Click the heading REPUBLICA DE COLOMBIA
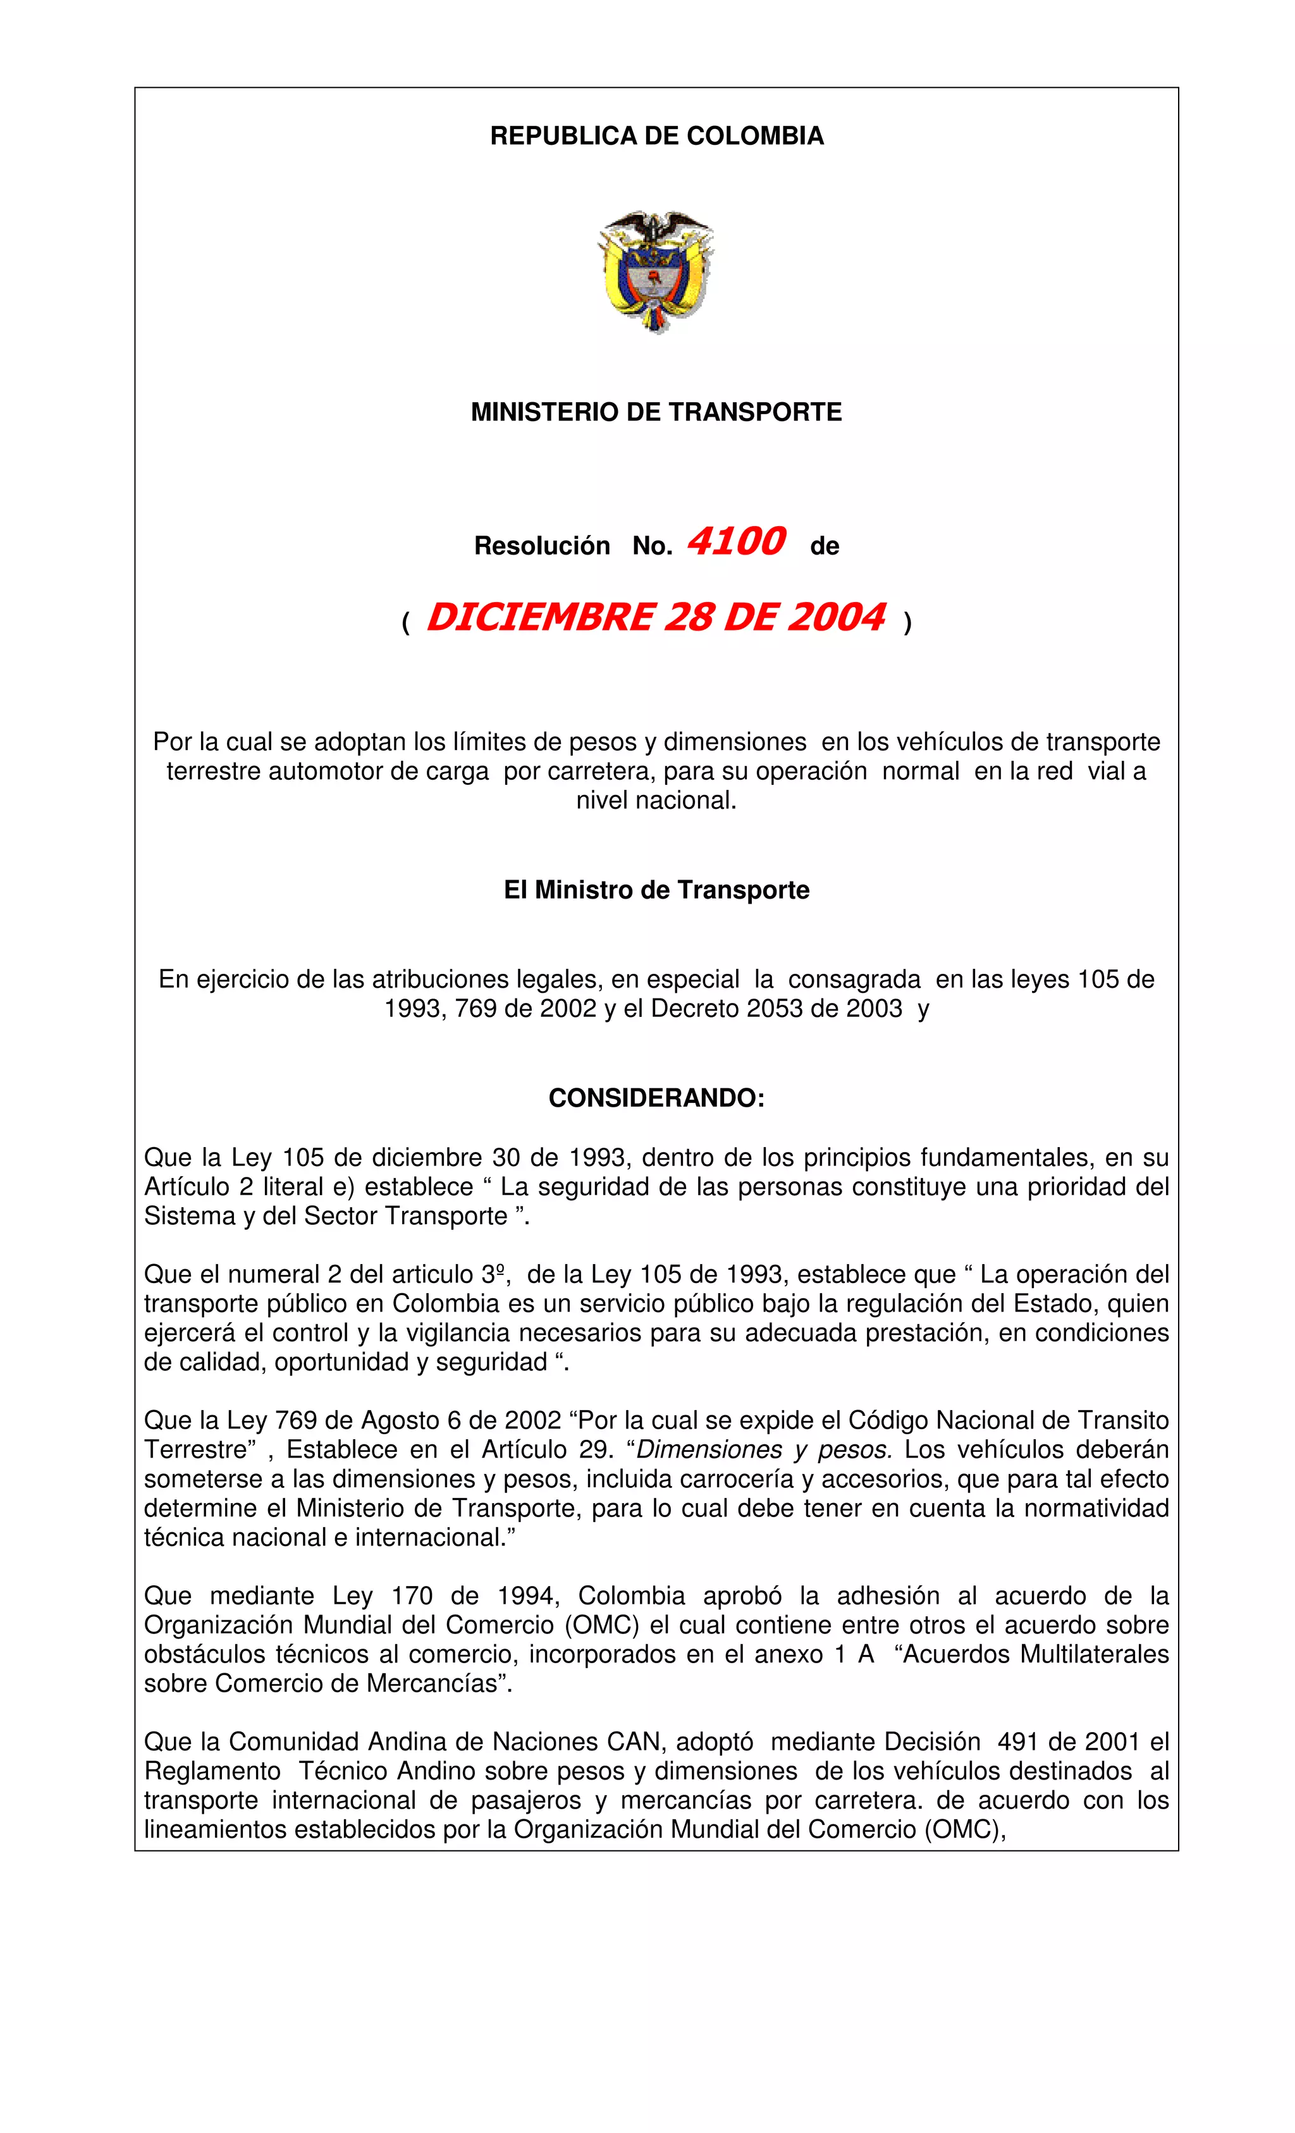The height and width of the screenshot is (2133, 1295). [x=656, y=136]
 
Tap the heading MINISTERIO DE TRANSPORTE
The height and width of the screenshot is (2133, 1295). [x=656, y=412]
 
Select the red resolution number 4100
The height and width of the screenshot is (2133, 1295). [x=736, y=542]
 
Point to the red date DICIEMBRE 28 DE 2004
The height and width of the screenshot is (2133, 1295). [x=656, y=617]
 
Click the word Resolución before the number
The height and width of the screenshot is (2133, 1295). [x=542, y=546]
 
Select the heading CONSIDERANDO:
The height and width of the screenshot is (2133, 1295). [x=656, y=1098]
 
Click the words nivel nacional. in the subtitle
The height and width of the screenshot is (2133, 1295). [x=656, y=800]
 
